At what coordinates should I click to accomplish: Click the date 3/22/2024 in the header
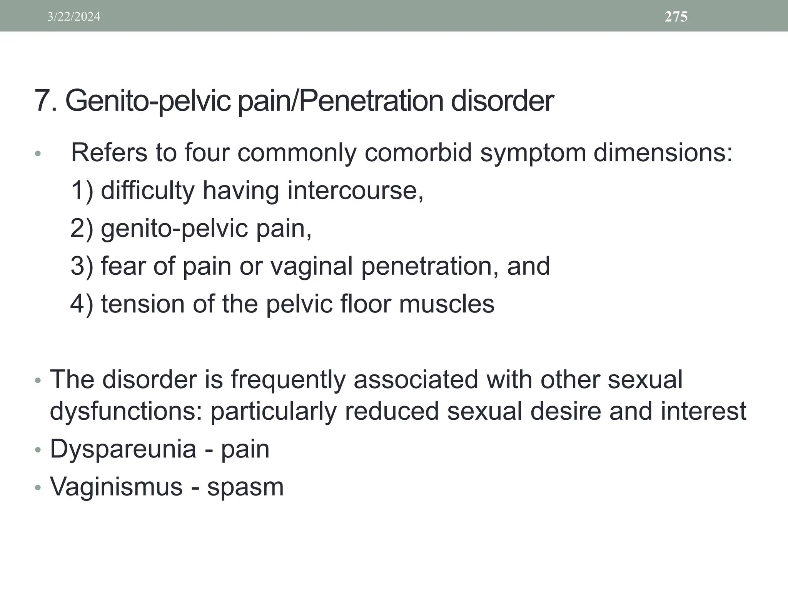pos(74,17)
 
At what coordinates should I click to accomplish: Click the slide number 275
pos(676,17)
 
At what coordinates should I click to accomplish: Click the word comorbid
pos(418,153)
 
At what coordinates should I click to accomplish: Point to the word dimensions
pos(663,153)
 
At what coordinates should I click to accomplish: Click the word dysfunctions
pos(127,411)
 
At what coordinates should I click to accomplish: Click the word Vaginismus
pos(116,487)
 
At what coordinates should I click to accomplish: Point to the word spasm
pos(245,487)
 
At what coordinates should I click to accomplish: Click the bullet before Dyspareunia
pos(37,450)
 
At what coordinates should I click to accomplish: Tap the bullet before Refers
pos(37,154)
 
